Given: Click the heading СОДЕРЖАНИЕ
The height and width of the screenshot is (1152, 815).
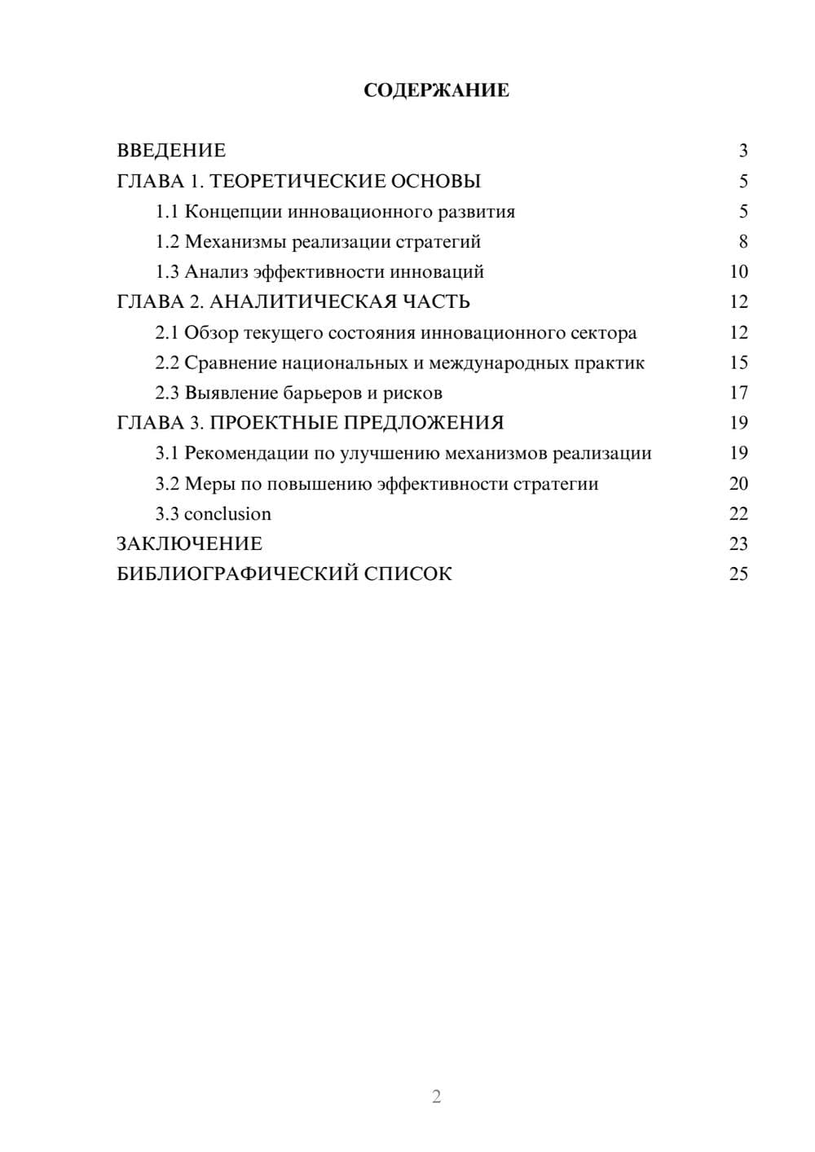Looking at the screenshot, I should click(x=436, y=90).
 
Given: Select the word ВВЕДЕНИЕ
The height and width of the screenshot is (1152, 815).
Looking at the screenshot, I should click(x=171, y=151).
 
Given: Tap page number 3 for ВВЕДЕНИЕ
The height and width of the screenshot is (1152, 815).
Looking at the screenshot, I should click(x=742, y=151).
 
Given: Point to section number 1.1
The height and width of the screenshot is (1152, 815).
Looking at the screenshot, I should click(x=167, y=212).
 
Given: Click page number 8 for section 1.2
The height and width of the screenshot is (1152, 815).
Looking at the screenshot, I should click(x=742, y=242).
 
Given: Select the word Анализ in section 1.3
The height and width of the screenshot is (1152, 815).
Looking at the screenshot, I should click(x=216, y=272).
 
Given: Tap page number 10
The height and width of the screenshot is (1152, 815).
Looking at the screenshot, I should click(x=738, y=272).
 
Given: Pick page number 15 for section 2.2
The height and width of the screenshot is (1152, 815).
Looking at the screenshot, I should click(x=738, y=363).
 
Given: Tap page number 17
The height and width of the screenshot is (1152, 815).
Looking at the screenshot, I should click(x=738, y=394).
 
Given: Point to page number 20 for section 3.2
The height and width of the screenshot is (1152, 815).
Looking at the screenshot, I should click(x=738, y=484).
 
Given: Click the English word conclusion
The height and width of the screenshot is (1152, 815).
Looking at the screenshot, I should click(x=227, y=514).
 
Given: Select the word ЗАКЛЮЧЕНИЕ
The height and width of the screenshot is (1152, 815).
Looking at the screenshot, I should click(x=189, y=544).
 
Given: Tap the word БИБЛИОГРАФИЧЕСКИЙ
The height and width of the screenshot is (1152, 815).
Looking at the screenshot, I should click(x=237, y=574).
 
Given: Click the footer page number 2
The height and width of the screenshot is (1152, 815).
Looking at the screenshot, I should click(x=436, y=1097).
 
